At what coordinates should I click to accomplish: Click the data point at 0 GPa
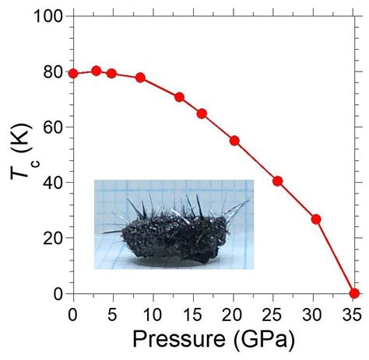pyautogui.click(x=73, y=73)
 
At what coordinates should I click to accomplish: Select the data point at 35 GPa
pyautogui.click(x=355, y=293)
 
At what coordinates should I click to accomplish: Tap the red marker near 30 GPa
pyautogui.click(x=316, y=219)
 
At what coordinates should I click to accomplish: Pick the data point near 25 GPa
pyautogui.click(x=277, y=181)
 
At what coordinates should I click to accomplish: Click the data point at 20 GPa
pyautogui.click(x=234, y=141)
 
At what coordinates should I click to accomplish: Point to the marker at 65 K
pyautogui.click(x=202, y=114)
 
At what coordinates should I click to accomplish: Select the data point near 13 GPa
pyautogui.click(x=179, y=97)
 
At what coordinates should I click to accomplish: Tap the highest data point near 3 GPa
pyautogui.click(x=97, y=70)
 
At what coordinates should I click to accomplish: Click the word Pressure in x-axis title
pyautogui.click(x=178, y=341)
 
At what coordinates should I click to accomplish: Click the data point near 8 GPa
pyautogui.click(x=140, y=78)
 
